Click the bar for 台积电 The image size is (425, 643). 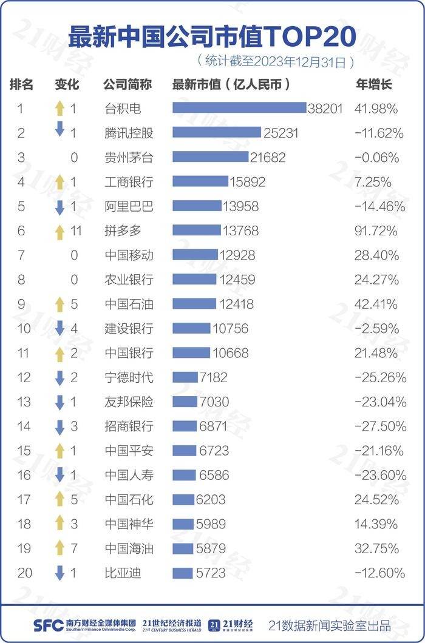(x=239, y=108)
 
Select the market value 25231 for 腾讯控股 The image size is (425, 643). (x=280, y=133)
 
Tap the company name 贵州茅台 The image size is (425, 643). (x=129, y=158)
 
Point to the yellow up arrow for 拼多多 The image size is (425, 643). (x=59, y=231)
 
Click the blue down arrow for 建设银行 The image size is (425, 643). (x=59, y=328)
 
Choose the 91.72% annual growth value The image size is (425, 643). (x=376, y=231)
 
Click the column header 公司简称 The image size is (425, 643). (x=127, y=84)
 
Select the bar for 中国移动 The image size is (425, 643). (x=195, y=255)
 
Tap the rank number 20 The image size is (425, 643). (x=25, y=573)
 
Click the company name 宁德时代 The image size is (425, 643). (x=129, y=377)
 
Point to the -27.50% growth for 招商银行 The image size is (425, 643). (x=379, y=426)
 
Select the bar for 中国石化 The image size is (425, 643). (x=183, y=499)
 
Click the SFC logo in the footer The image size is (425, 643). (x=47, y=625)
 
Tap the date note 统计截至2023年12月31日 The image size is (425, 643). (x=276, y=61)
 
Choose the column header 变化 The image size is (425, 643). (x=67, y=84)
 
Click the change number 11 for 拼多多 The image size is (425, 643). (x=76, y=231)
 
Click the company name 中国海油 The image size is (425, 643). (x=129, y=548)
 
